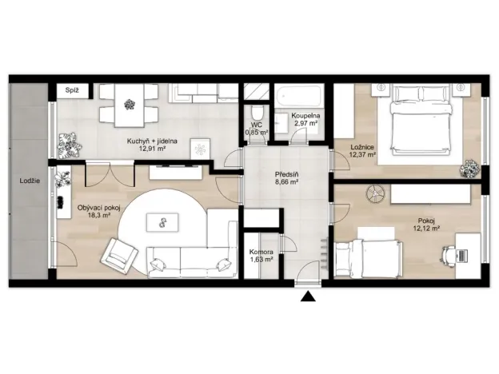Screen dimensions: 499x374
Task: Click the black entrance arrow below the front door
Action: click(308, 296)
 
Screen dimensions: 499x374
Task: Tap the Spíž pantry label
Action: click(72, 90)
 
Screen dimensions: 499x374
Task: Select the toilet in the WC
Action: click(257, 113)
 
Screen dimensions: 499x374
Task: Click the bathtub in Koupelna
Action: click(298, 95)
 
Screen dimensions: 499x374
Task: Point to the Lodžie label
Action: click(30, 181)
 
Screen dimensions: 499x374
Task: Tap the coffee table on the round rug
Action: click(162, 222)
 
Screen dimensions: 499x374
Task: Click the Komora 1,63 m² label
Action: click(261, 256)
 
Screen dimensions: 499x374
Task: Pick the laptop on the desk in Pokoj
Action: click(462, 256)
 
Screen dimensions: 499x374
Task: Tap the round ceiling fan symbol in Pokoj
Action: click(375, 193)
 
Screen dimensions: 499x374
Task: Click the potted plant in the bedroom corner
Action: click(469, 168)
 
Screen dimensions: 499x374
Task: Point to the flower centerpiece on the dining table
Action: click(130, 105)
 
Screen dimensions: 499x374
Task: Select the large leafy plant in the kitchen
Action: click(70, 145)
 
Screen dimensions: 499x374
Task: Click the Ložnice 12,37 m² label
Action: click(362, 151)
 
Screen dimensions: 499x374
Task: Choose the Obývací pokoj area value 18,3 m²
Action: click(99, 215)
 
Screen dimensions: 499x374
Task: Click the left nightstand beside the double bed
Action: click(381, 90)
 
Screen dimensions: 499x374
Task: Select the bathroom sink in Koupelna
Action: click(281, 121)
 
